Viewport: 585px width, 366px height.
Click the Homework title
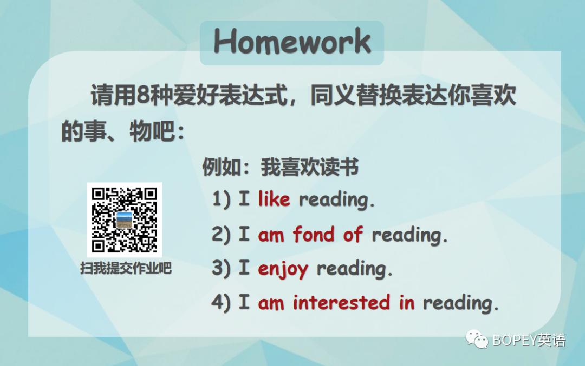(x=292, y=42)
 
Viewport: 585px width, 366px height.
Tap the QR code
(x=125, y=219)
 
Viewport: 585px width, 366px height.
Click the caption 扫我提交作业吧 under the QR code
(x=126, y=268)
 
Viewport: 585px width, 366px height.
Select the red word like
(x=274, y=199)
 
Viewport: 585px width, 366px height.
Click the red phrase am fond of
(x=310, y=235)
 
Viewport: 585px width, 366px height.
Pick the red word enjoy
(x=283, y=269)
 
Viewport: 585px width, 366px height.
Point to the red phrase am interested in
(x=336, y=303)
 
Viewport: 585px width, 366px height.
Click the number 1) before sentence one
(x=221, y=199)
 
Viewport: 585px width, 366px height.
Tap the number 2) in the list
(x=221, y=235)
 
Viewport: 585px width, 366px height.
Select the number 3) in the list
(x=221, y=269)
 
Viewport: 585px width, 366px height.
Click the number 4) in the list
(x=221, y=303)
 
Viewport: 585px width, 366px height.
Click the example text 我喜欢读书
(x=310, y=168)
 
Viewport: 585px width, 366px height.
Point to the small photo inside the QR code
(x=125, y=219)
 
